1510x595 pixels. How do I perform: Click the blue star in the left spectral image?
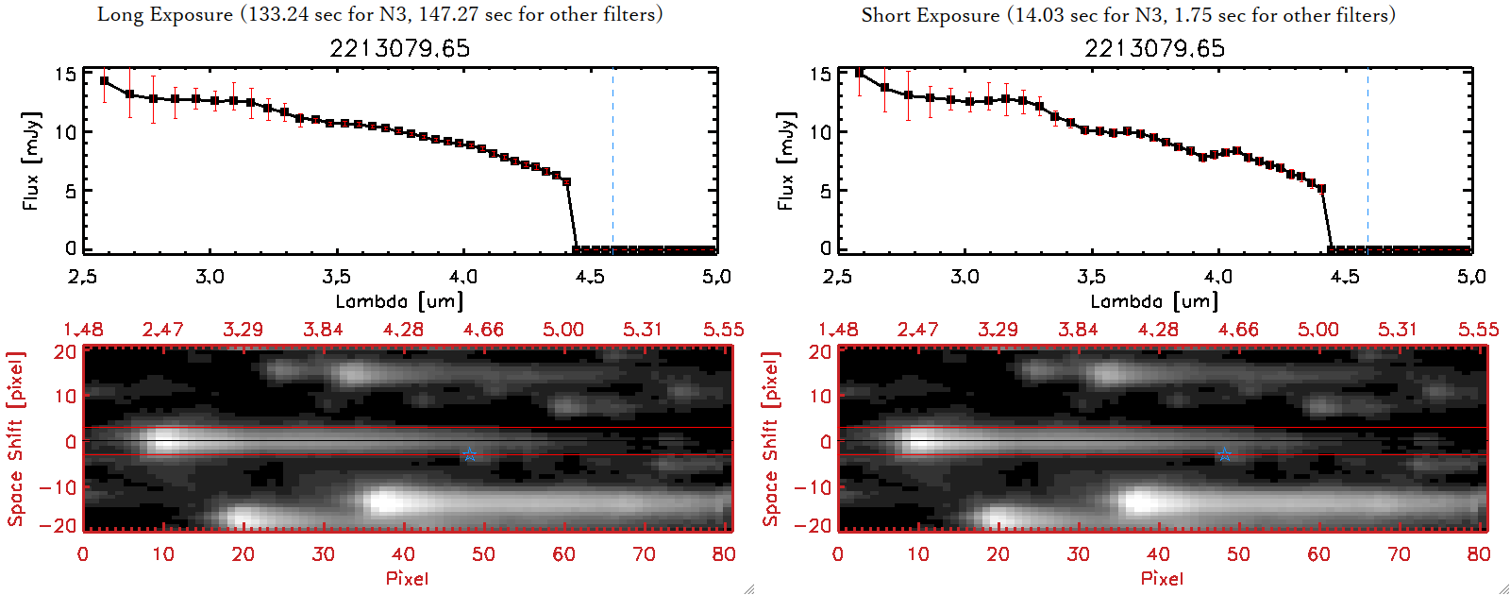tap(469, 455)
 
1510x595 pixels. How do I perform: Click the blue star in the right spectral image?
tap(1224, 455)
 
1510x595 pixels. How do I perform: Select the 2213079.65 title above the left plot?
tap(399, 48)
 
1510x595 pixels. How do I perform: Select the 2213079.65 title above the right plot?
tap(1154, 48)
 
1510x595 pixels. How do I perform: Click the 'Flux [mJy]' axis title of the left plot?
tap(32, 161)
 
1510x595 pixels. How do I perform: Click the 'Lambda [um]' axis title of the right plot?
tap(1154, 301)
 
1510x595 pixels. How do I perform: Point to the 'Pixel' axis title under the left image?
tap(407, 578)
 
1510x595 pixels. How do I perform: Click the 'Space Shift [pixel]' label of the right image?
tap(771, 439)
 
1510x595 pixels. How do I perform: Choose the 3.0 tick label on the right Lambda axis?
tap(965, 277)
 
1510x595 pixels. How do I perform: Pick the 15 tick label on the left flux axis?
tap(65, 75)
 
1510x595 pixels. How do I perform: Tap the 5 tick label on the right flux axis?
tap(826, 191)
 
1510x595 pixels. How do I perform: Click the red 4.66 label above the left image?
tap(483, 330)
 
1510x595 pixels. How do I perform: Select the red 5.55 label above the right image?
tap(1478, 330)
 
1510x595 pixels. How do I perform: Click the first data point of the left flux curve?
tap(104, 81)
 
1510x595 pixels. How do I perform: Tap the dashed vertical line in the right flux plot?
tap(1367, 161)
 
